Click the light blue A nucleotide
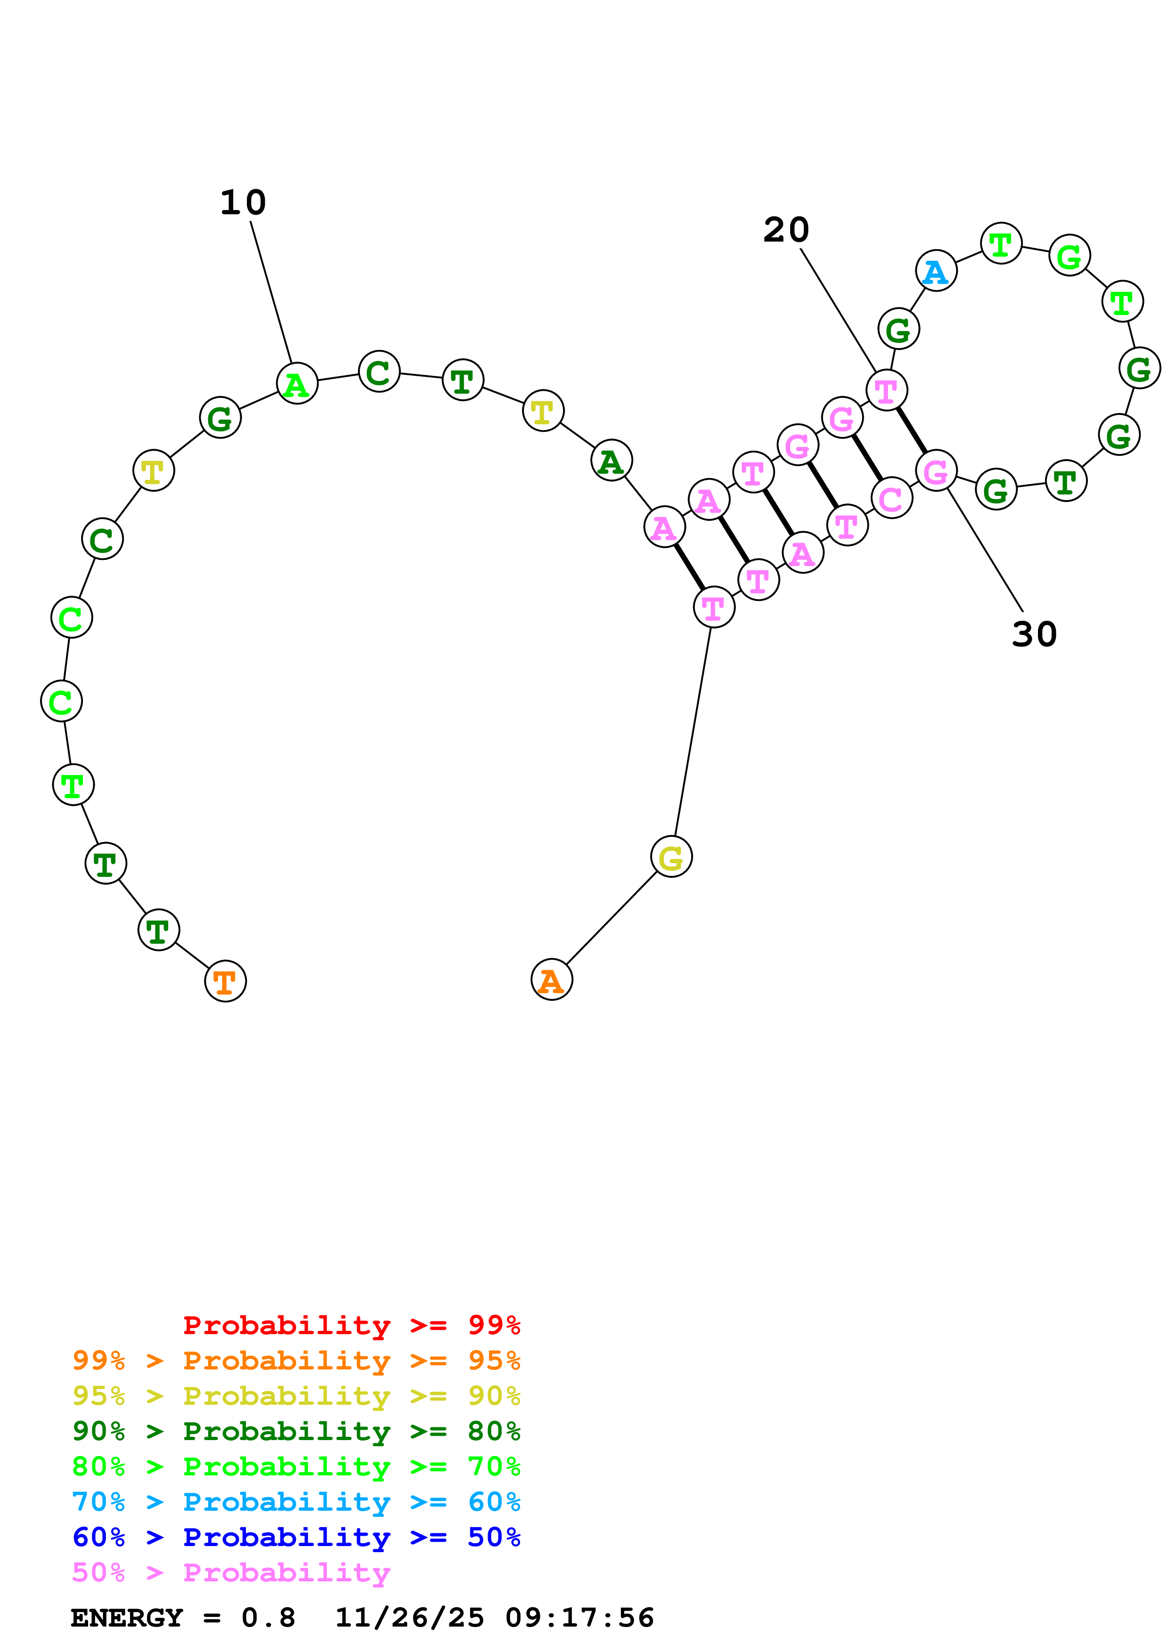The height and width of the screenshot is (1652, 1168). (936, 271)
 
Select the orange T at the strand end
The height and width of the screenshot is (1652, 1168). (225, 980)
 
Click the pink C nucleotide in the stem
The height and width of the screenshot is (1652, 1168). (891, 497)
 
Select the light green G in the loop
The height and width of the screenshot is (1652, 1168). (1070, 255)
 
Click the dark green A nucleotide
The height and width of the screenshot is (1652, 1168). (611, 461)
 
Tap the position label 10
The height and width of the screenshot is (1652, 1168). (243, 203)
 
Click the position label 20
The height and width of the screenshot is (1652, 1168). (786, 230)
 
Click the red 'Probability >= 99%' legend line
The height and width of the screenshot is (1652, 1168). (351, 1325)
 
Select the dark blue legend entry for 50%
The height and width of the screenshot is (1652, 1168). (296, 1537)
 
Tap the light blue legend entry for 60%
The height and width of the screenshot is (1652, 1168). (296, 1502)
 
